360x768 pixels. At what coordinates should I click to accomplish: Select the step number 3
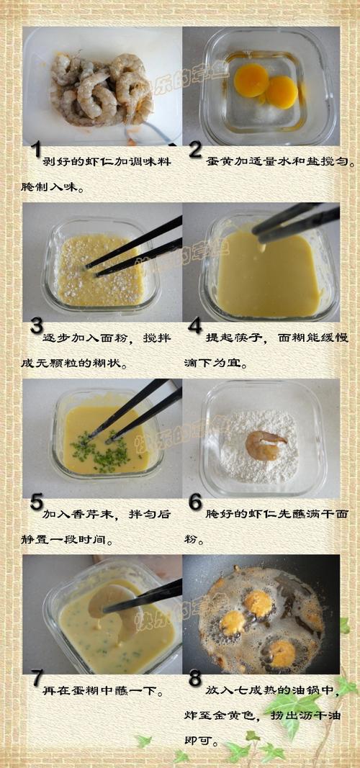click(x=36, y=327)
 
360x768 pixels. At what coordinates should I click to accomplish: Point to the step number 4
click(x=194, y=327)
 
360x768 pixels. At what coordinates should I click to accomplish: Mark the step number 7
click(x=35, y=679)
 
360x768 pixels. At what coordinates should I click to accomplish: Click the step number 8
click(x=194, y=679)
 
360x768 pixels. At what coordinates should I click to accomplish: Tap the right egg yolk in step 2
click(x=281, y=91)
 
